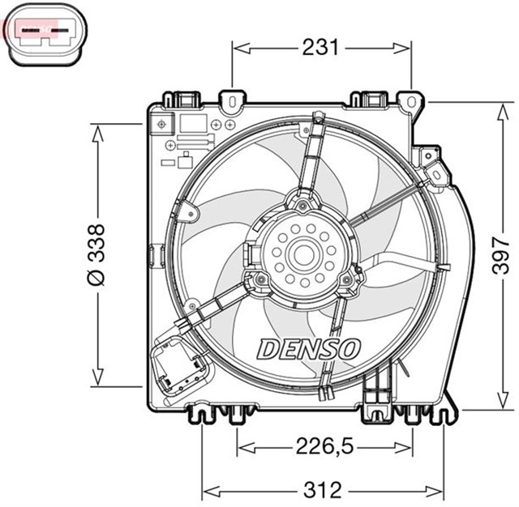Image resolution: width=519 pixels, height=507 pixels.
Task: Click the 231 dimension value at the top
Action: click(320, 48)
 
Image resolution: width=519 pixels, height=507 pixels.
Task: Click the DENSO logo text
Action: click(308, 349)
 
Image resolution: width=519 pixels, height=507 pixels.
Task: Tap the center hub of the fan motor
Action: click(304, 253)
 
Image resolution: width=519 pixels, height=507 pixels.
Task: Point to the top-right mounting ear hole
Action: click(413, 102)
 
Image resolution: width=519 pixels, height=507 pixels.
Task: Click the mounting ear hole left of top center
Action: click(233, 102)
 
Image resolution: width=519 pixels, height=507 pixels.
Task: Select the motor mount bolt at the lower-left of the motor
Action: click(260, 281)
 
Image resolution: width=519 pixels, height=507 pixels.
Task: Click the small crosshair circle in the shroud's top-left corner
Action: click(162, 124)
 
